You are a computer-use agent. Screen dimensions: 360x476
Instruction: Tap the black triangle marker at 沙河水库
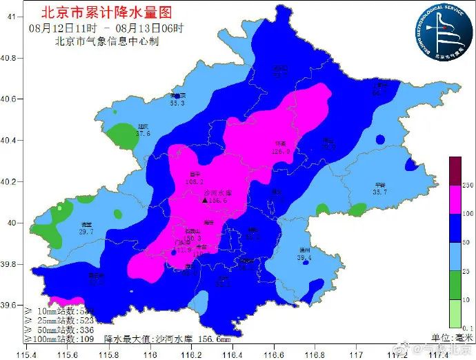tap(205, 201)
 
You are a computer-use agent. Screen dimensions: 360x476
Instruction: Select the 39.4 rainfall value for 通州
tap(305, 258)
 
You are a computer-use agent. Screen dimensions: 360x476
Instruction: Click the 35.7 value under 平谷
tap(379, 192)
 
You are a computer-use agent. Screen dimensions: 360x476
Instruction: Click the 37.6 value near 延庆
tap(143, 134)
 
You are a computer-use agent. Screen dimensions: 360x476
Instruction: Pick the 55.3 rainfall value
tap(177, 103)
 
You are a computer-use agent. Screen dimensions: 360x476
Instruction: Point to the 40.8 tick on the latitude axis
tap(10, 58)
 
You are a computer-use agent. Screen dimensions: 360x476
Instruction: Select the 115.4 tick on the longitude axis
tap(26, 354)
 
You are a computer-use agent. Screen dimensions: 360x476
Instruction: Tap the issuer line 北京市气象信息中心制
tap(107, 41)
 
